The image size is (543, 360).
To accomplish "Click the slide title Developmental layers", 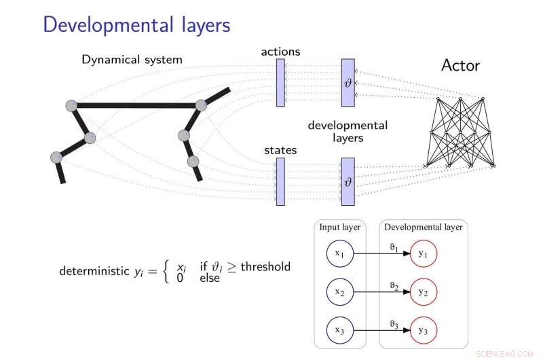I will (x=136, y=25).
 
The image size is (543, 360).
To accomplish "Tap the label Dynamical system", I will (x=132, y=60).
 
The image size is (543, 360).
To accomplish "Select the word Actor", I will (x=460, y=65).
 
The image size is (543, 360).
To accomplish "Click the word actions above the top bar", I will (x=280, y=52).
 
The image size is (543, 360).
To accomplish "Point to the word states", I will (x=280, y=150).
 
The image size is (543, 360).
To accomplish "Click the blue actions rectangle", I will (x=280, y=82).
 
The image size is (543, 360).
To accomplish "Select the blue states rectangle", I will (x=280, y=181).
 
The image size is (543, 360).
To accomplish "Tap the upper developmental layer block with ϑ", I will (x=348, y=82).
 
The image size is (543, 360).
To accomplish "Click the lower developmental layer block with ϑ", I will (x=348, y=181).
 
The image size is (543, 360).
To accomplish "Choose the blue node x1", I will (x=339, y=253).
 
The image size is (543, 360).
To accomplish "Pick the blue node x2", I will (x=339, y=292).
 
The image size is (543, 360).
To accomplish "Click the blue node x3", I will (x=339, y=330).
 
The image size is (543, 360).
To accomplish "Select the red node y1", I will (x=423, y=253).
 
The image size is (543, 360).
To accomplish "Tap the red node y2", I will (x=423, y=292).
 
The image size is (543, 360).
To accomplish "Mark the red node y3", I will (x=423, y=330).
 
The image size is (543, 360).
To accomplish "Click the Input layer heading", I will (x=340, y=228).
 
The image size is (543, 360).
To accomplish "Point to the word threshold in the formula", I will (x=265, y=266).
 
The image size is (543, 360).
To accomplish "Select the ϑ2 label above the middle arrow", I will (x=394, y=287).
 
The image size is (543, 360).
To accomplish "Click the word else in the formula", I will (x=210, y=278).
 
